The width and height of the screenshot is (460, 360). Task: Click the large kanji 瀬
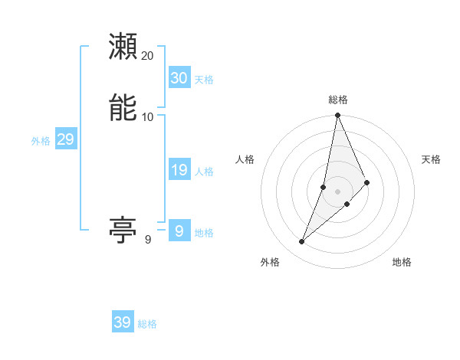click(x=123, y=47)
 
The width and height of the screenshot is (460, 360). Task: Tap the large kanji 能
click(x=123, y=107)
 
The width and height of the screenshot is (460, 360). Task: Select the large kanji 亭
click(x=123, y=229)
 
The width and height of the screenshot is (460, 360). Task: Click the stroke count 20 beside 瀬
click(x=148, y=56)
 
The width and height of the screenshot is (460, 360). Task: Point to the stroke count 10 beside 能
click(x=148, y=116)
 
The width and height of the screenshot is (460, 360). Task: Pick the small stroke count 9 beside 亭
click(x=148, y=240)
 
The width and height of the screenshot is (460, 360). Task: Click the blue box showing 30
click(x=179, y=78)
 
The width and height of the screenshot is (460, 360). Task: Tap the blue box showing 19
click(x=179, y=170)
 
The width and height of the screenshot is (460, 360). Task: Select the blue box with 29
click(x=65, y=139)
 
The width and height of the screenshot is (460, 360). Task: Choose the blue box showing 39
click(x=123, y=322)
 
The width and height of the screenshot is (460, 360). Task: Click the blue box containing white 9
click(x=179, y=231)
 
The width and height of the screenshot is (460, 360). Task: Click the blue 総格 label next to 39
click(x=147, y=324)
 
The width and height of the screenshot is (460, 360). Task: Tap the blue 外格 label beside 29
click(x=41, y=141)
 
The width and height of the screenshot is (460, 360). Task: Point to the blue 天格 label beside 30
click(x=204, y=80)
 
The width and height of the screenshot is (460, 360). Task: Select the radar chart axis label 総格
click(x=337, y=100)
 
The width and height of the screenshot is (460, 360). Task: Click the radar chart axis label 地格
click(x=402, y=263)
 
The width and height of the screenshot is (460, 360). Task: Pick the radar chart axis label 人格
click(x=245, y=159)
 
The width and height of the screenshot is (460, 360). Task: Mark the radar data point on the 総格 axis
click(x=337, y=116)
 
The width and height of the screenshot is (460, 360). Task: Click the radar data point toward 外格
click(x=302, y=242)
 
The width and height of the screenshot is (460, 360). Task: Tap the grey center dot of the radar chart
click(x=337, y=191)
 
